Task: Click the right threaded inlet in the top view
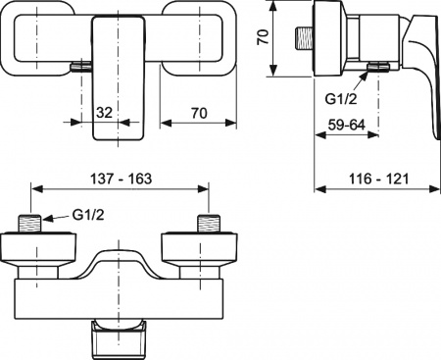(207, 223)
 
